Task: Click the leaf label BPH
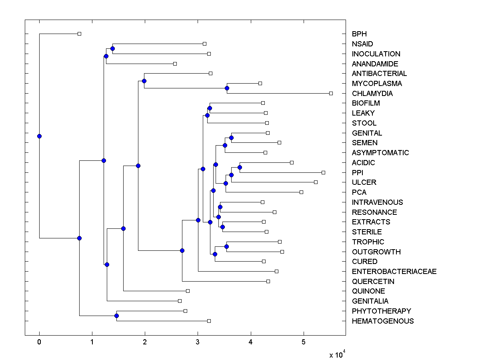pos(359,34)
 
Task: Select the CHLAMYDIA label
pos(372,94)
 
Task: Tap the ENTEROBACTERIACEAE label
pos(394,272)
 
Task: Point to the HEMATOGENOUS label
pos(383,321)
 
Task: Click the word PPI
pos(358,173)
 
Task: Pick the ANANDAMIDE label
pos(375,64)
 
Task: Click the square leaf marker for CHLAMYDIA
pos(331,93)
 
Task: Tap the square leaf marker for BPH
pos(79,34)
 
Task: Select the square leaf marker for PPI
pos(323,172)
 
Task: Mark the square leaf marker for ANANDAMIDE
pos(175,64)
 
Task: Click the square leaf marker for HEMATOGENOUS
pos(209,321)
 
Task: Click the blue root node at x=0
pos(39,136)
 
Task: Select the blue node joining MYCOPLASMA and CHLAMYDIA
pos(227,88)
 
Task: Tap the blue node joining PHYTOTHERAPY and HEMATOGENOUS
pos(116,316)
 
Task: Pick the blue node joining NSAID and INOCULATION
pos(112,48)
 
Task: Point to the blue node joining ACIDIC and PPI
pos(240,167)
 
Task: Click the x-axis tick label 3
pos(198,342)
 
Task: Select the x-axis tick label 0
pos(39,342)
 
